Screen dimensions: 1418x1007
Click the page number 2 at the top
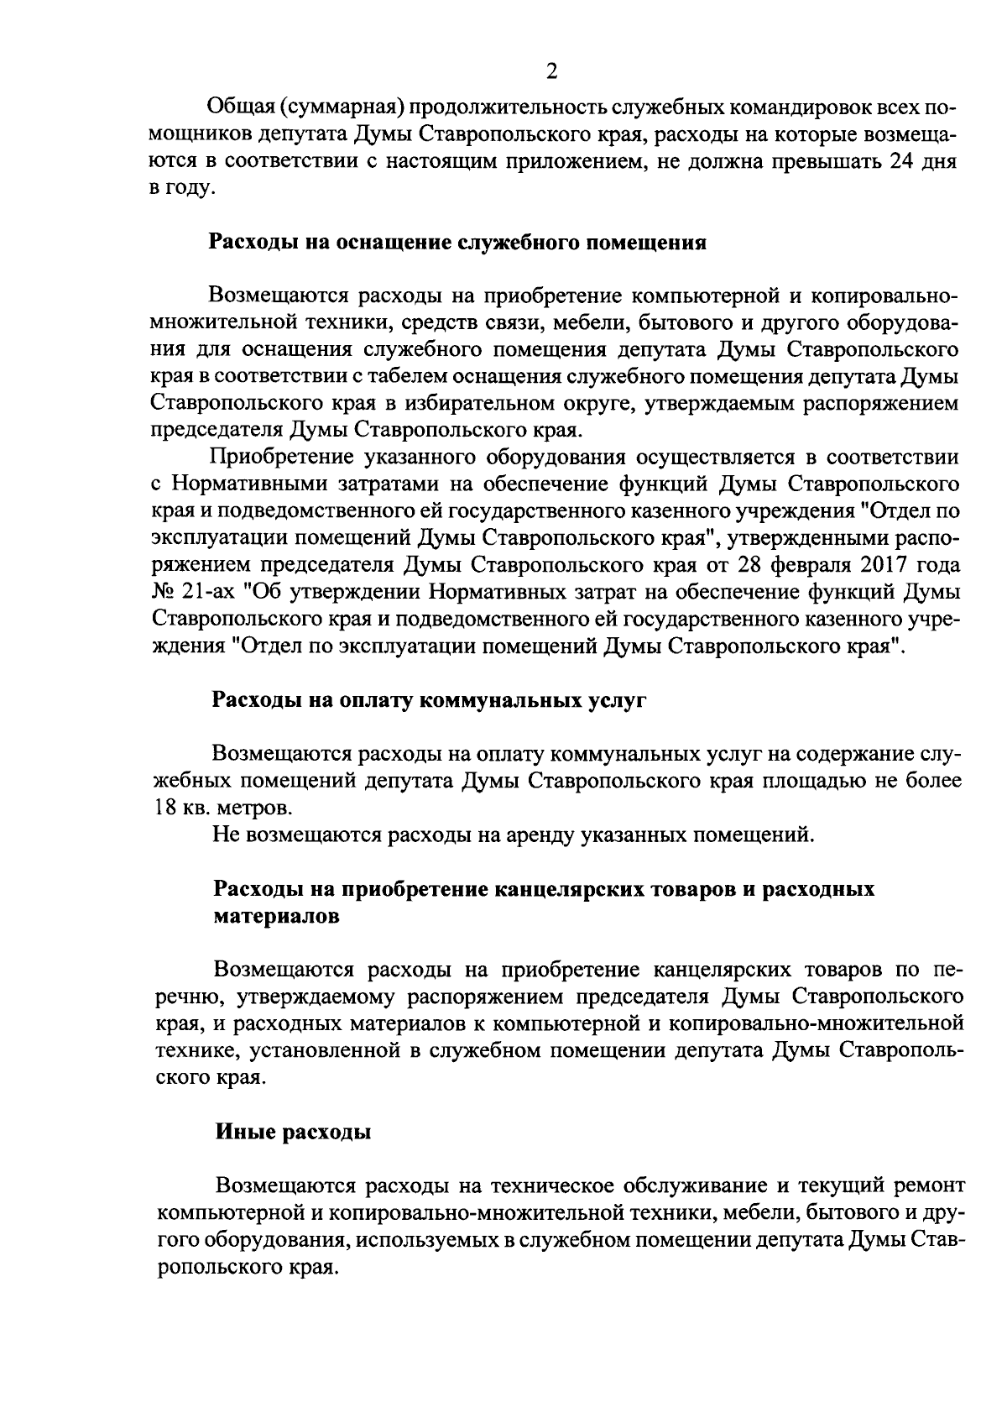click(551, 71)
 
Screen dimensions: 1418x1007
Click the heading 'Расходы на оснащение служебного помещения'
click(457, 243)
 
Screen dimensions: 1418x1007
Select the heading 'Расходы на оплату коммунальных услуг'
click(430, 700)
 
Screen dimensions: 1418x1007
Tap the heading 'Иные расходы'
click(294, 1132)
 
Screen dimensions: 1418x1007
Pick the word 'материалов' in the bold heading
click(277, 916)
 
